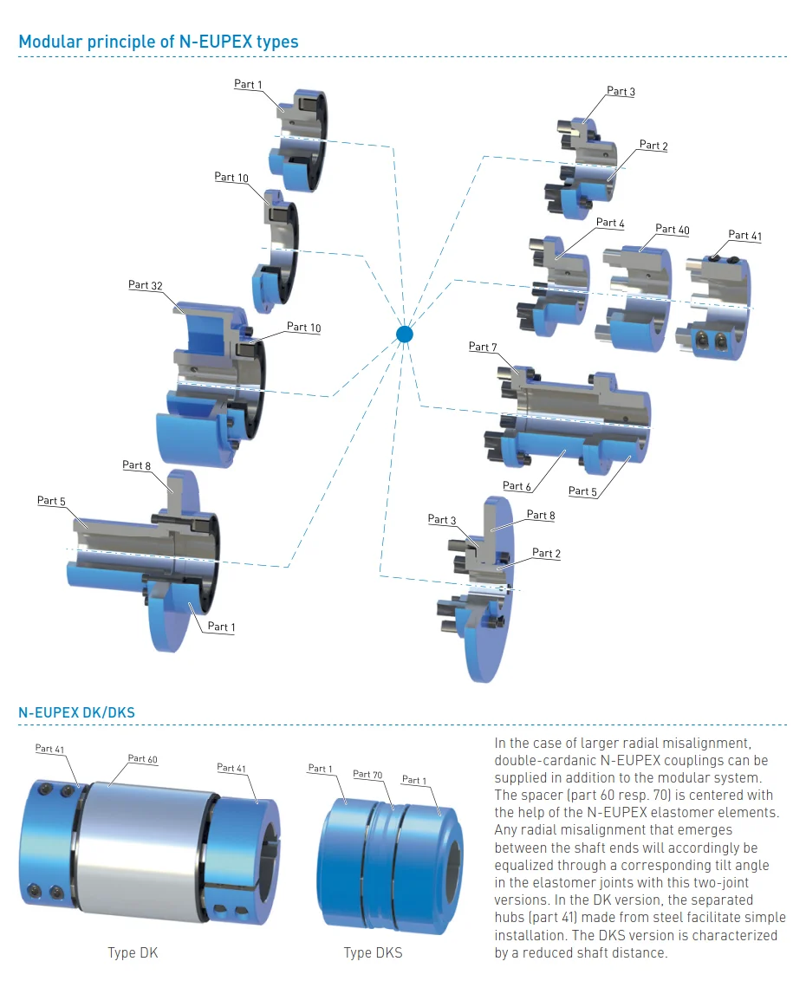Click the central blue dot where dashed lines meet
tap(405, 334)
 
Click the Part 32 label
tap(145, 285)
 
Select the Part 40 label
tap(673, 229)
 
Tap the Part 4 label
tap(610, 223)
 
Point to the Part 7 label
tap(483, 347)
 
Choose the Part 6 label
tap(517, 486)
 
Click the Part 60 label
tap(143, 759)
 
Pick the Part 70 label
tap(367, 775)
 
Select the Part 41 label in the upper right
tap(744, 235)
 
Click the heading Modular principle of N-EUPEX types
tap(159, 42)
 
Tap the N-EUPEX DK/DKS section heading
tap(76, 713)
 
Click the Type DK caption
tap(133, 953)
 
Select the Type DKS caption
tap(373, 953)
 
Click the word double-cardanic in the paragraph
tap(537, 760)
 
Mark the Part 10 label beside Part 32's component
tap(303, 328)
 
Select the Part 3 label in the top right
tap(621, 91)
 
